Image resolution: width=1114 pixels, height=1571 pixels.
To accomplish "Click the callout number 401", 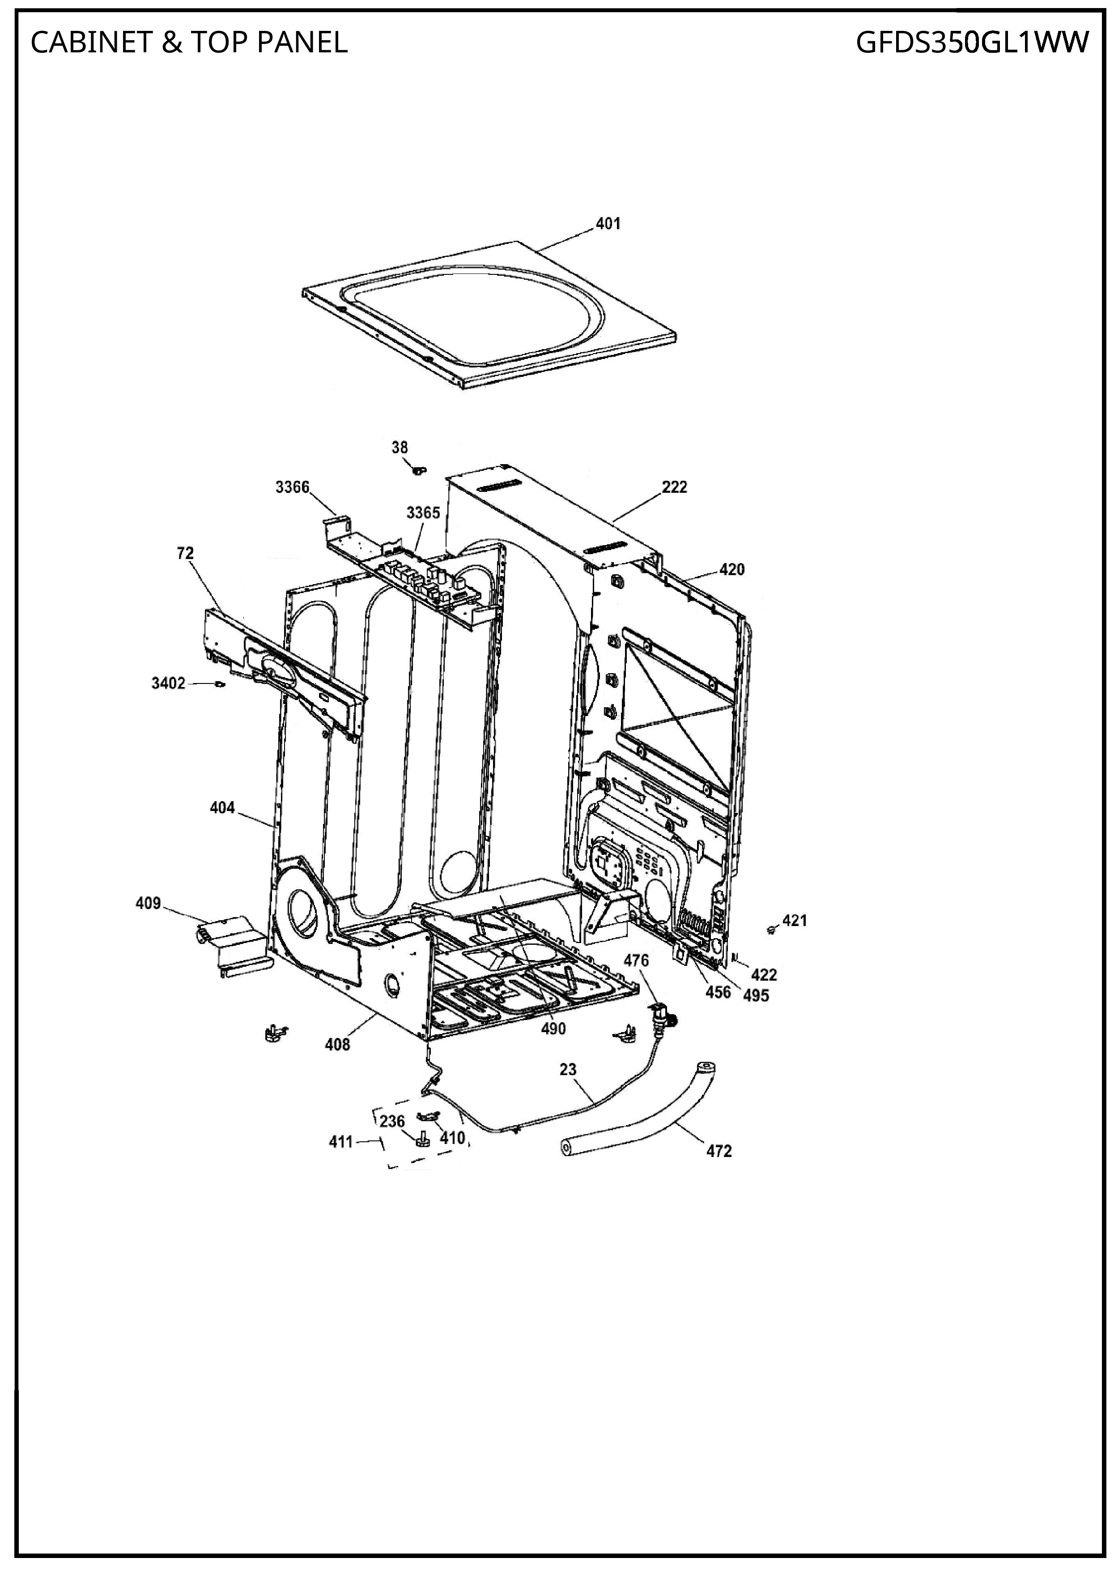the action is click(608, 224).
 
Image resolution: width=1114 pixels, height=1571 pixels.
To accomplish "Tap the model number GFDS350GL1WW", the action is click(972, 43).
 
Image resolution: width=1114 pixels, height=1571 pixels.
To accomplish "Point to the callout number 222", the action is click(674, 487).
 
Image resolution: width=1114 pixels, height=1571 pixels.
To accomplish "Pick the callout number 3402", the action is click(169, 683).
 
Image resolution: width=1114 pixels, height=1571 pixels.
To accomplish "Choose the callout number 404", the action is click(222, 808).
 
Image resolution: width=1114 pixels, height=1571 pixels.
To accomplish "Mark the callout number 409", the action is click(148, 903).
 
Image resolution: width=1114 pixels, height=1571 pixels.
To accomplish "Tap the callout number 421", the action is click(795, 920).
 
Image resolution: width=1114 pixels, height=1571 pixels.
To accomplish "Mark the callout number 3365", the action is click(422, 512).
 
